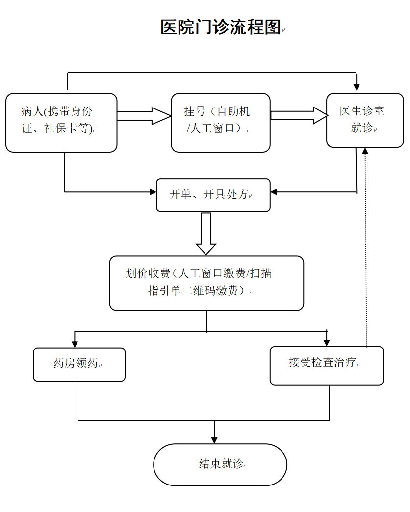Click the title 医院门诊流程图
pos(221,27)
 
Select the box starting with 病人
pos(61,123)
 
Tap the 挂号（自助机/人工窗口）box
pos(221,123)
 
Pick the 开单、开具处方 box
pos(213,195)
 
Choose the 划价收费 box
pos(206,283)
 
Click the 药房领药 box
pos(79,364)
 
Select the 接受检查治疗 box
pos(327,365)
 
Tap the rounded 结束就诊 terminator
pos(220,464)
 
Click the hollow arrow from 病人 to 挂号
pos(144,116)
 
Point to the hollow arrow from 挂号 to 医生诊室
pos(299,115)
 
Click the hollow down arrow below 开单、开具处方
pos(206,233)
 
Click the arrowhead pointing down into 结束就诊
pos(214,439)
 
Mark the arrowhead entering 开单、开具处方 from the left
pos(153,191)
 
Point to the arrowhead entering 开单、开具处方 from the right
pos(274,192)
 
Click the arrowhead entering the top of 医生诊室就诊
pos(357,87)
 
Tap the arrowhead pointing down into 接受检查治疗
pos(327,342)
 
